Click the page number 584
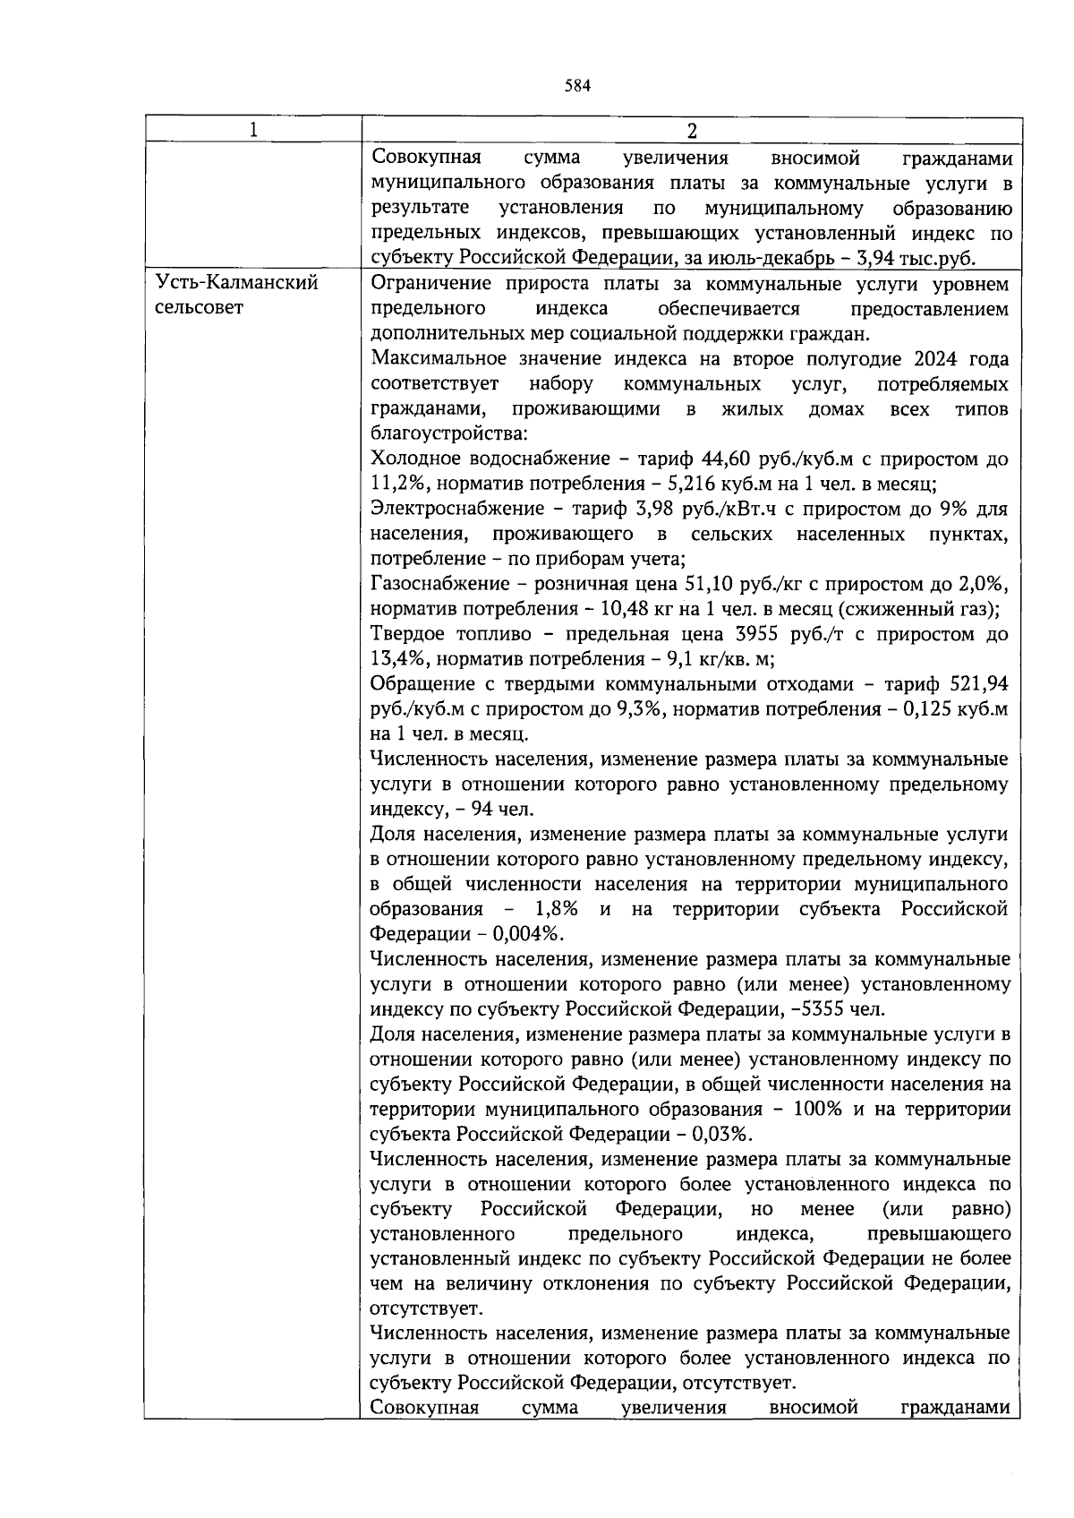coord(578,86)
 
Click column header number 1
coord(254,130)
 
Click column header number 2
coord(691,130)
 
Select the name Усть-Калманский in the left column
coord(237,284)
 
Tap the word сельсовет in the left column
coord(200,309)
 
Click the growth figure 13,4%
coord(395,660)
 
